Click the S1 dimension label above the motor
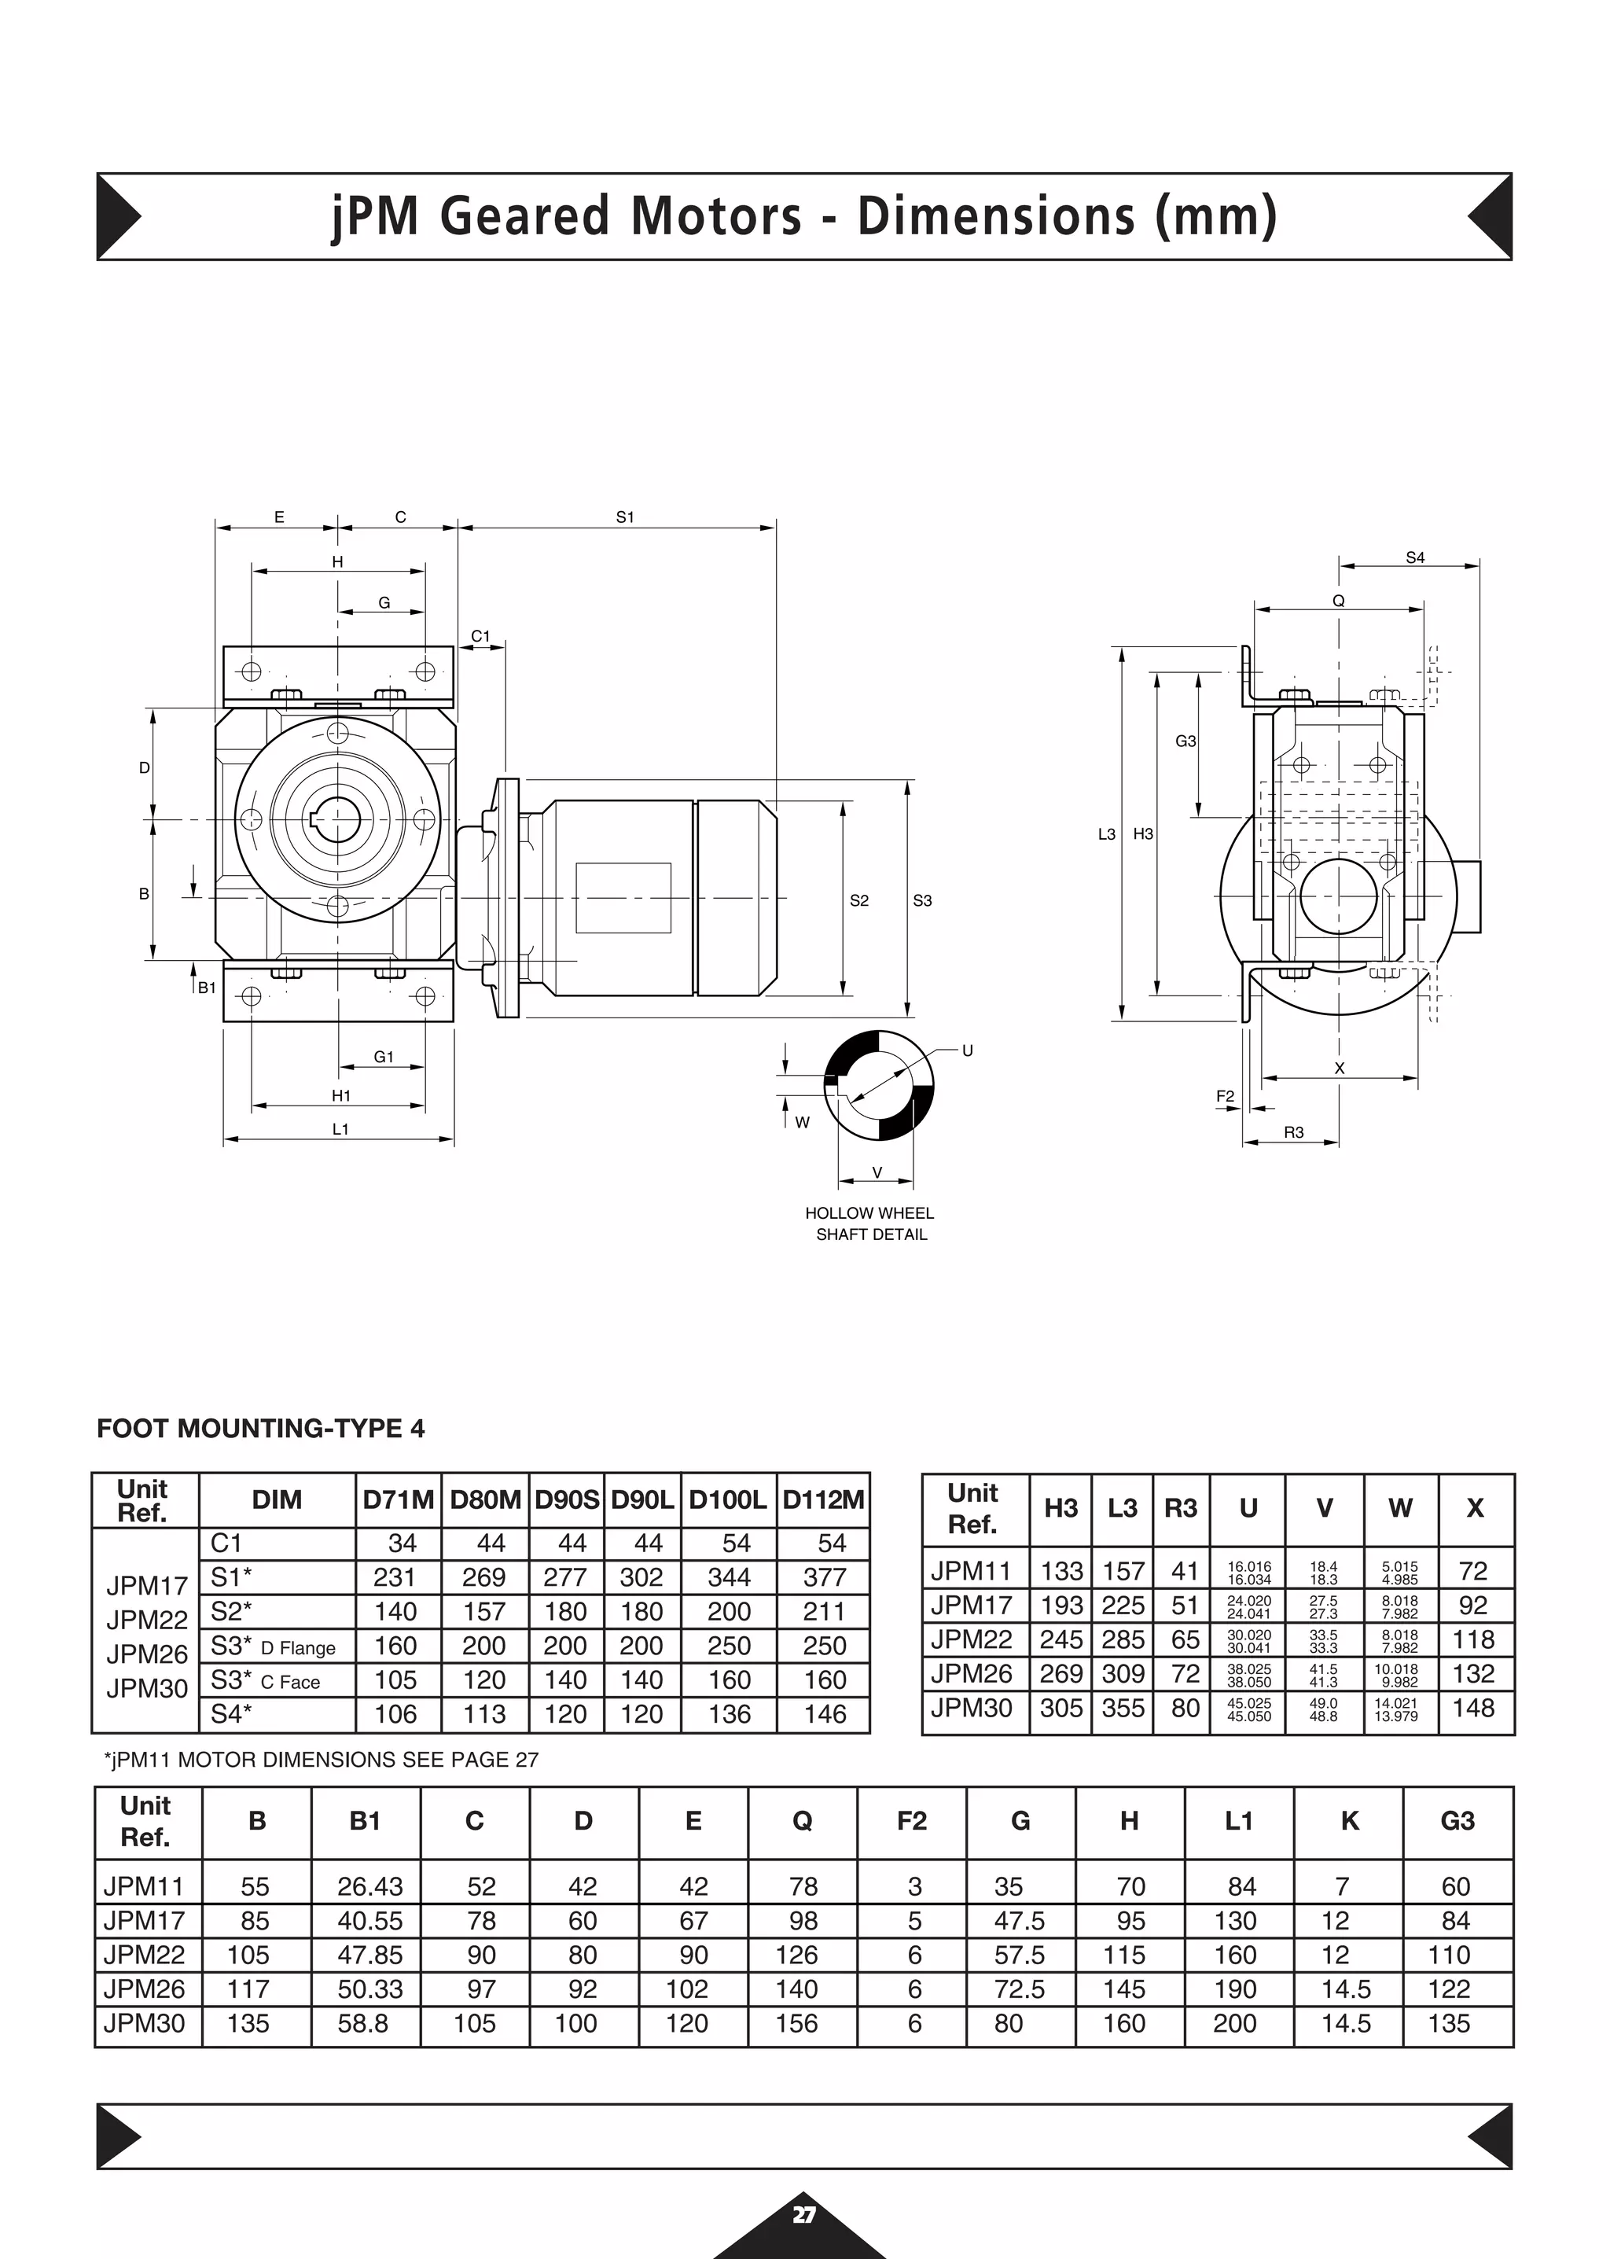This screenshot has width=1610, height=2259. [x=624, y=517]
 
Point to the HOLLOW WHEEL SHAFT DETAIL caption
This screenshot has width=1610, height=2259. [x=869, y=1223]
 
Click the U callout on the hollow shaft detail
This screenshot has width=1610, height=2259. [x=967, y=1050]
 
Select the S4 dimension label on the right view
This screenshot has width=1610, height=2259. [x=1415, y=558]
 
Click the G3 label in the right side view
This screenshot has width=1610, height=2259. [x=1185, y=741]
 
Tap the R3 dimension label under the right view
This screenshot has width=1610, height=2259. [x=1294, y=1132]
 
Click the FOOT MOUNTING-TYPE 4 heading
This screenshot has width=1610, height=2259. [x=261, y=1428]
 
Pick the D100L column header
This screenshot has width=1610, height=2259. [x=728, y=1500]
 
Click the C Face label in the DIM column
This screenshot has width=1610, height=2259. [x=290, y=1683]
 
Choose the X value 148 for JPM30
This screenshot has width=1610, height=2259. [x=1473, y=1708]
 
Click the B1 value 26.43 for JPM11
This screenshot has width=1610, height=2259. [x=369, y=1886]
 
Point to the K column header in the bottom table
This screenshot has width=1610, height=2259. [x=1348, y=1821]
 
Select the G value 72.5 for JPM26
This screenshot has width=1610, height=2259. [x=1019, y=1989]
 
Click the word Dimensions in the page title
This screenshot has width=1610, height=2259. [x=995, y=216]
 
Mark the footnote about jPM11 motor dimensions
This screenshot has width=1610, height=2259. [x=322, y=1759]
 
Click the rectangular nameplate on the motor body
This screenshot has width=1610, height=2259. [x=623, y=897]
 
